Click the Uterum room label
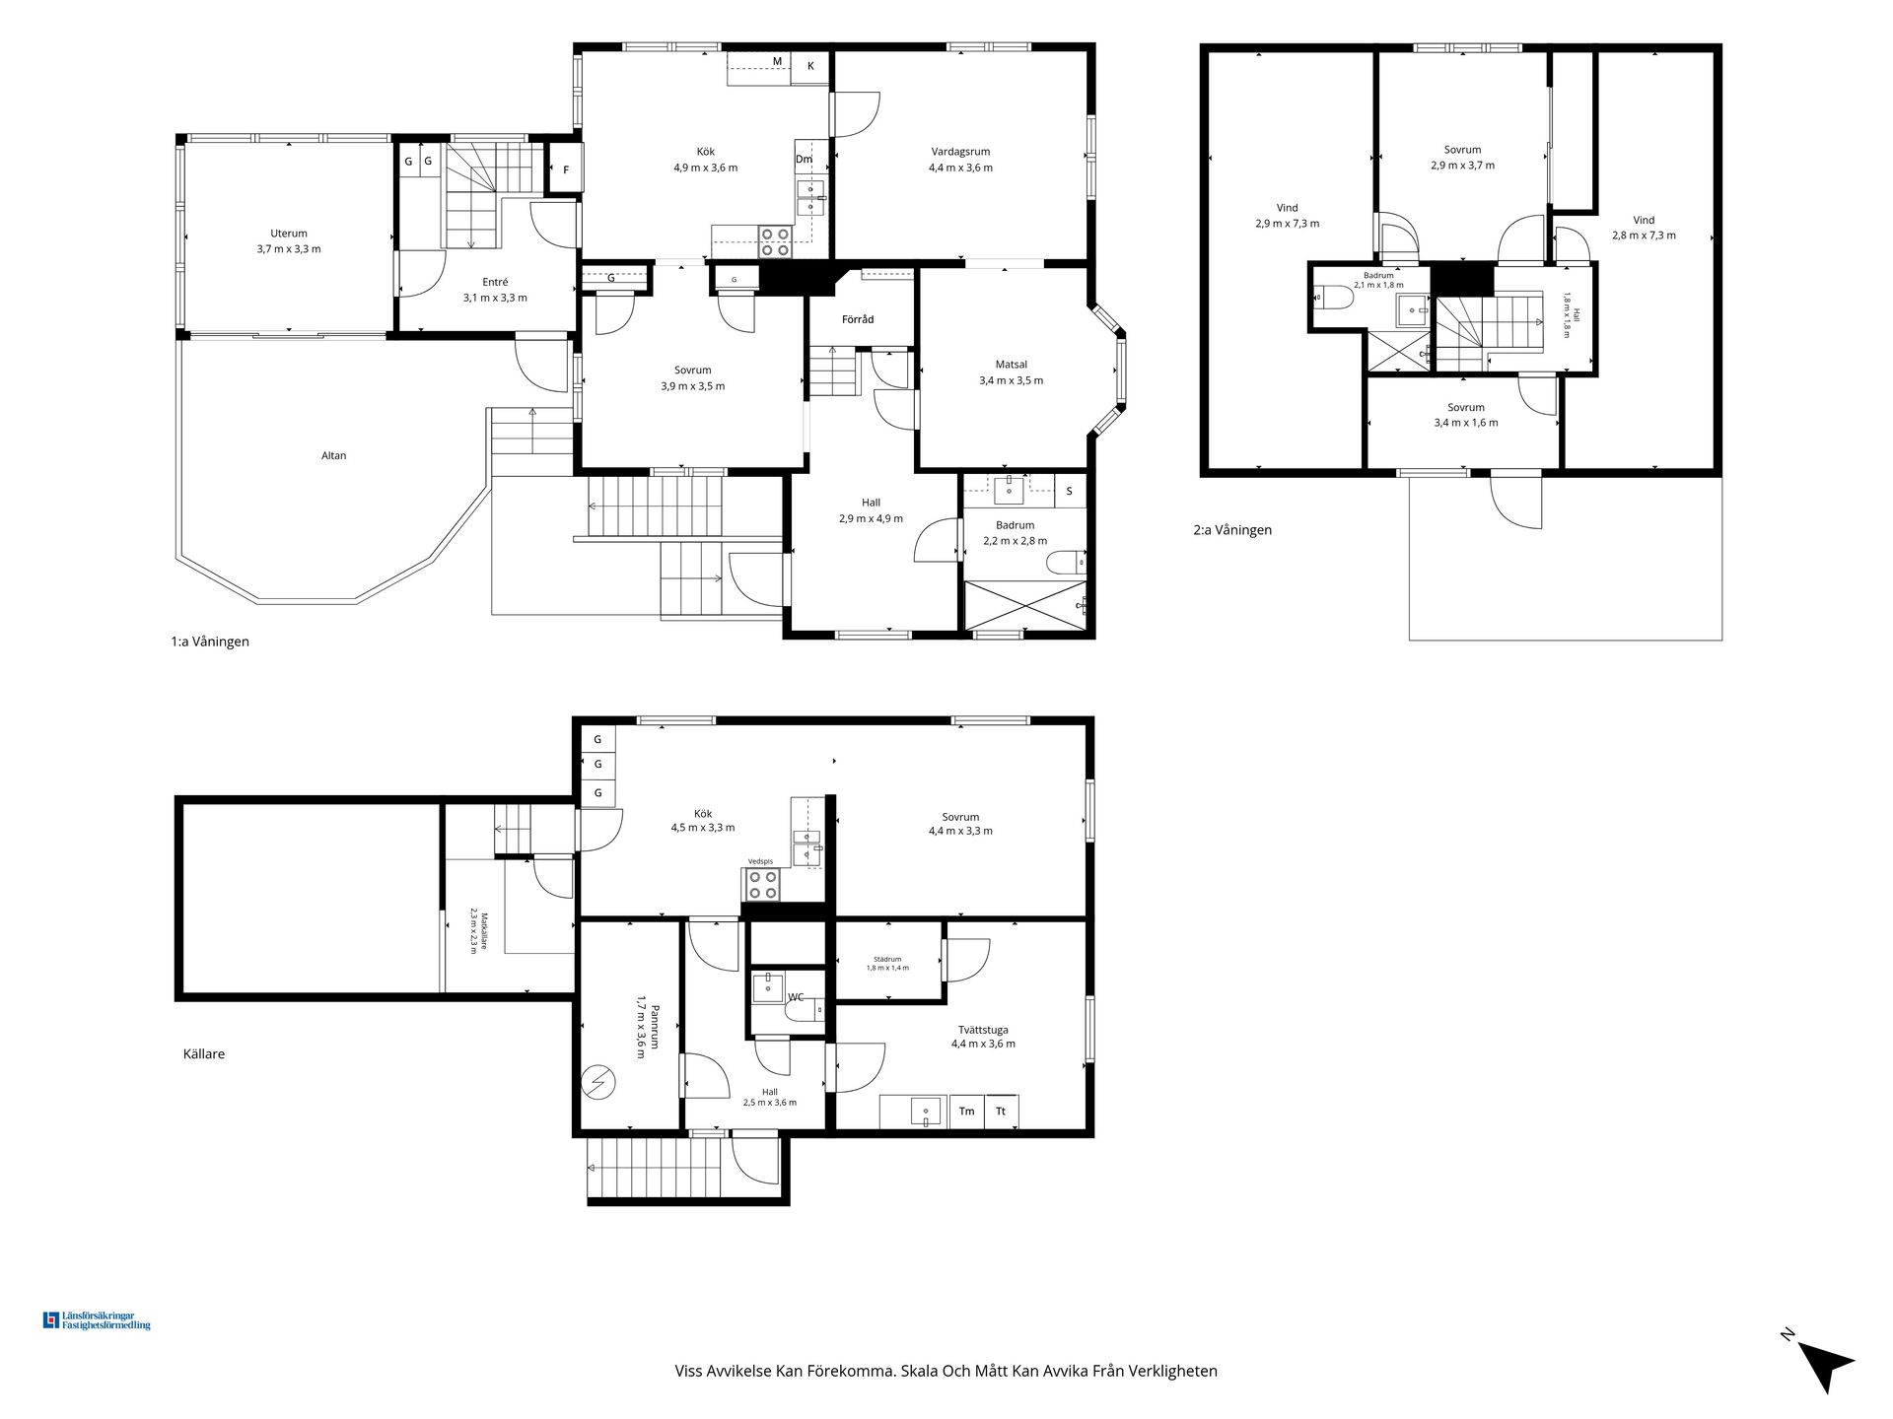(x=289, y=234)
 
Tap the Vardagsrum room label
(x=960, y=152)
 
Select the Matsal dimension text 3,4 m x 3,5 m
(x=1011, y=380)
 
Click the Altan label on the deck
(x=333, y=455)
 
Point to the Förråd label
(x=858, y=319)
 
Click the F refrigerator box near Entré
(x=566, y=169)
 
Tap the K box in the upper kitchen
(x=810, y=66)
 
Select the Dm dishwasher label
(x=804, y=160)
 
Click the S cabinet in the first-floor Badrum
(x=1069, y=491)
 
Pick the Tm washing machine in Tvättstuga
(x=966, y=1111)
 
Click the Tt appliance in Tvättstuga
(x=1001, y=1111)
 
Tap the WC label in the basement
(x=796, y=997)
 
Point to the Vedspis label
(x=761, y=861)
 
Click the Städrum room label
(x=887, y=959)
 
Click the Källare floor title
(x=204, y=1053)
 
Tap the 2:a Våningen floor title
(x=1232, y=530)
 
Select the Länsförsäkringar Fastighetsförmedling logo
(x=96, y=1320)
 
